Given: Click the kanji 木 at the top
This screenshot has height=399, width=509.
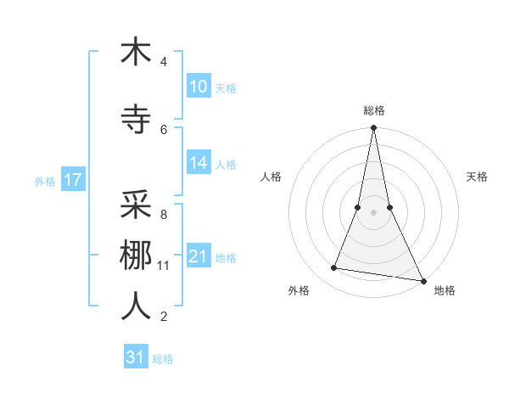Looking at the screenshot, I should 136,52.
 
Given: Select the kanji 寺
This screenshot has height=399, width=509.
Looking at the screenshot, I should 136,120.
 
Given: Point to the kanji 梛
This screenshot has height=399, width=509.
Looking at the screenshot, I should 136,256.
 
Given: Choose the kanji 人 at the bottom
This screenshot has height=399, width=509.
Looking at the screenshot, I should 136,306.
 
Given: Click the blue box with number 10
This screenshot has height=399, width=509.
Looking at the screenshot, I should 198,87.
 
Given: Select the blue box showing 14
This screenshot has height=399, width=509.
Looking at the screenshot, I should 198,163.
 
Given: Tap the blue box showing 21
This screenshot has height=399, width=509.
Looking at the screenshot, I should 198,256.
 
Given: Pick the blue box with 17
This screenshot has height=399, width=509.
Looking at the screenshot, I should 72,180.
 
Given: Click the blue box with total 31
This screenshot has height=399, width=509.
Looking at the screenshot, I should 135,357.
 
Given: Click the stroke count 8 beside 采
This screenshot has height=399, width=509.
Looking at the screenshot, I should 163,215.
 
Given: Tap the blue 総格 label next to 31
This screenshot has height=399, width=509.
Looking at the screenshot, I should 163,359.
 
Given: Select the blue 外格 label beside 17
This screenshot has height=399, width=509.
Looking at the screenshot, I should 44,181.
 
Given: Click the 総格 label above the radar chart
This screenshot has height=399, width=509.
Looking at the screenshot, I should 373,110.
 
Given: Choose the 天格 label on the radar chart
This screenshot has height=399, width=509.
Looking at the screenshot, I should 477,177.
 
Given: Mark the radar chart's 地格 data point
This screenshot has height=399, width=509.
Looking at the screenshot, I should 422,280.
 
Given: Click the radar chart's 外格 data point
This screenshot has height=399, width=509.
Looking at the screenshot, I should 334,268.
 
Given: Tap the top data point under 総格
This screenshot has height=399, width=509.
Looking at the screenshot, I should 373,128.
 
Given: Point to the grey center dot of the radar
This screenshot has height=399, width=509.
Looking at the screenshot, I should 373,213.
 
